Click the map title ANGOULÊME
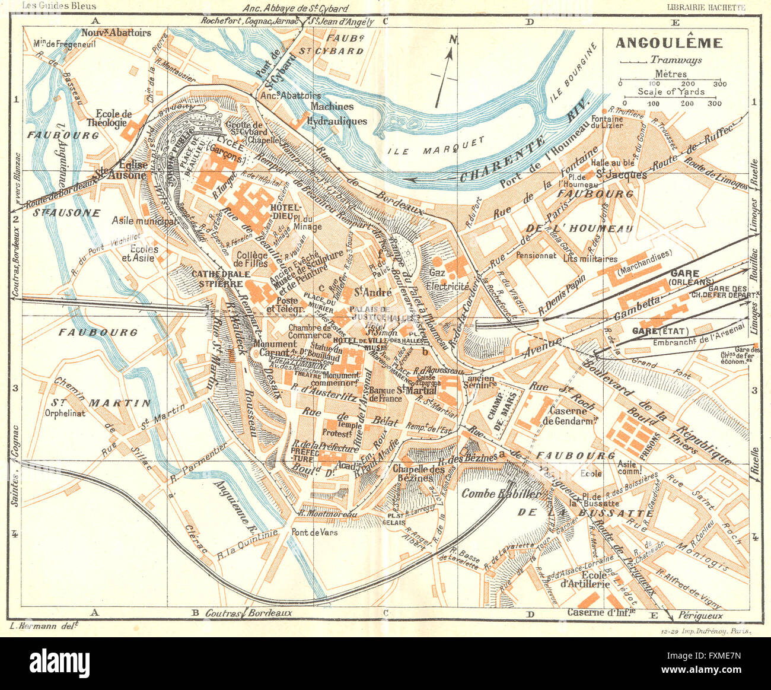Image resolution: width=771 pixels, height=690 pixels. (669, 43)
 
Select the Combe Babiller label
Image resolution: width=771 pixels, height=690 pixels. (501, 494)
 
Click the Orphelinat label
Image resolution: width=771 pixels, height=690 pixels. (67, 413)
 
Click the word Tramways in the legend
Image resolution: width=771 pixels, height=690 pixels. (676, 59)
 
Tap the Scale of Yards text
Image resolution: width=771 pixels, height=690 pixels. (671, 91)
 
